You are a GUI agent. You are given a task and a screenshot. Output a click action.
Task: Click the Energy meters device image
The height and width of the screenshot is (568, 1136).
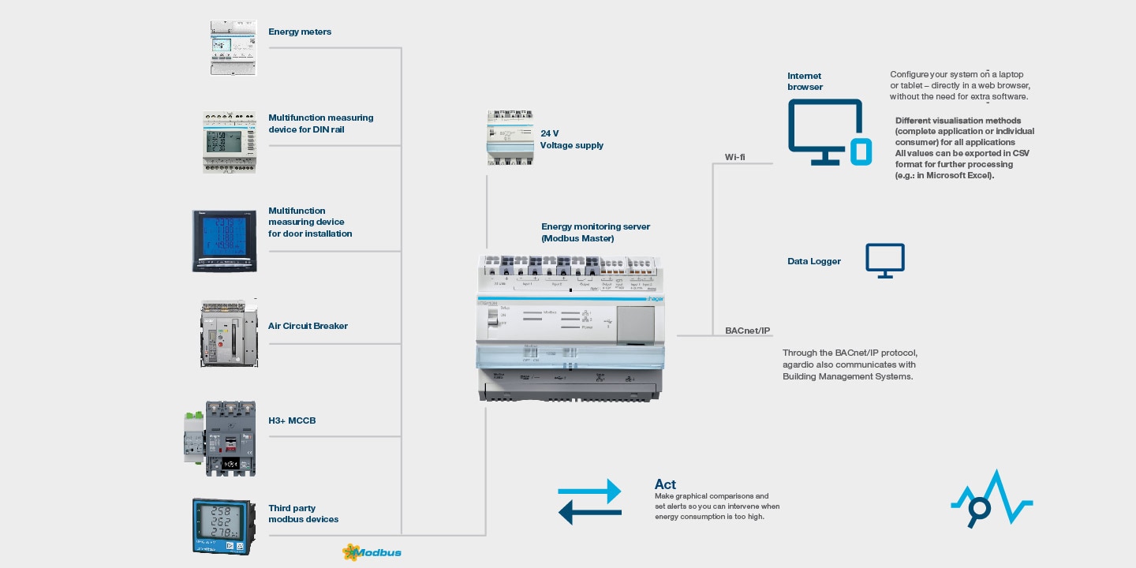(234, 48)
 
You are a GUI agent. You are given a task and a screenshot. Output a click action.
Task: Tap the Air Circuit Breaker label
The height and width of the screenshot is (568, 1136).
(308, 326)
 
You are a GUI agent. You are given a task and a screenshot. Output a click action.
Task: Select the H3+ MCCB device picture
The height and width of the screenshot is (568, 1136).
(220, 439)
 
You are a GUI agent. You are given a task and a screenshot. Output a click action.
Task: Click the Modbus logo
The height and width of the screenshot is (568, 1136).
(372, 552)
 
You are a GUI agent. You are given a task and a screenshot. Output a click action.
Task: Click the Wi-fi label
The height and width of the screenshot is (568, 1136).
(735, 157)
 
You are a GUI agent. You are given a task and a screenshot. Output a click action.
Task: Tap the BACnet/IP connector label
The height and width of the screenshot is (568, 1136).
(747, 331)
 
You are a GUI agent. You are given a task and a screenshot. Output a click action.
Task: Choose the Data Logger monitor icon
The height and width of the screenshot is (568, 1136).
(885, 260)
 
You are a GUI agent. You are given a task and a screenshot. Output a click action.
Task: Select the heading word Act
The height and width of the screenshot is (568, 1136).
(665, 484)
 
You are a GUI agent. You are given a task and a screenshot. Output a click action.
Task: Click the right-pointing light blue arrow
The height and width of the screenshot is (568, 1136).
(589, 494)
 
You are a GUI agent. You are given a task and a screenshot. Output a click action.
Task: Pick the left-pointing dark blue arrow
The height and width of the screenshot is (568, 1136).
(589, 513)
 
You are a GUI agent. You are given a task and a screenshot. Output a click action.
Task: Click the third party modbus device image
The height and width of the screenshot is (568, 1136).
(224, 526)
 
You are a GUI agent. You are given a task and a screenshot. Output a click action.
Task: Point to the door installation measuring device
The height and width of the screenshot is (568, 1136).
(225, 241)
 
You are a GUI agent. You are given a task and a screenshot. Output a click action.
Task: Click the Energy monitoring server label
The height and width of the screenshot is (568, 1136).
(596, 232)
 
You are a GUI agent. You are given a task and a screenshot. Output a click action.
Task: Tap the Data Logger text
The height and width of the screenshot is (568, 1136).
(814, 261)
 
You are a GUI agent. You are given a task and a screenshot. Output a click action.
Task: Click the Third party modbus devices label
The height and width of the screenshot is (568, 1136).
(304, 514)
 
